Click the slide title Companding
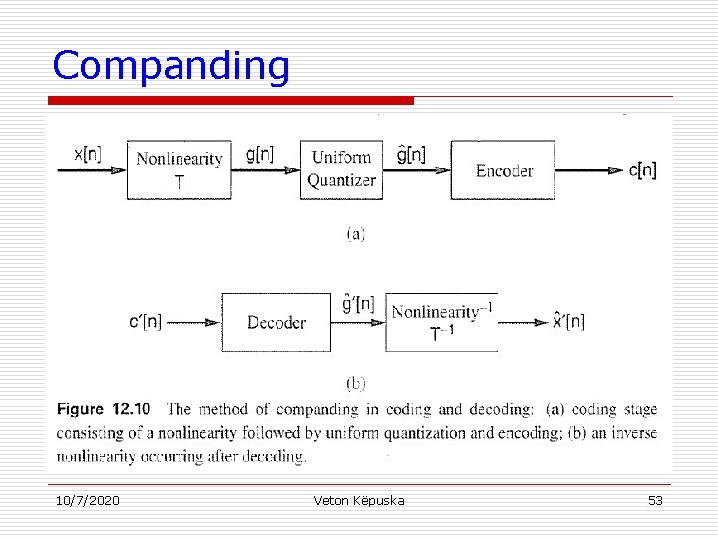171,66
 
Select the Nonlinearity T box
179,170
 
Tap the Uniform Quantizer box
341,169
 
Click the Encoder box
504,171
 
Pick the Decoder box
276,322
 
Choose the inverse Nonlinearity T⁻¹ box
442,322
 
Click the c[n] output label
643,170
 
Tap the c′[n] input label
146,322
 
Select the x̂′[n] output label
569,321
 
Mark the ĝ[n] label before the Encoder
411,154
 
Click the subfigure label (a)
355,235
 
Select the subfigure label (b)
355,382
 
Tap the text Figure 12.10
103,409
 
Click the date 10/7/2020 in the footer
86,500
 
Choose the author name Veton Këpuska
358,500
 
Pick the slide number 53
655,500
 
